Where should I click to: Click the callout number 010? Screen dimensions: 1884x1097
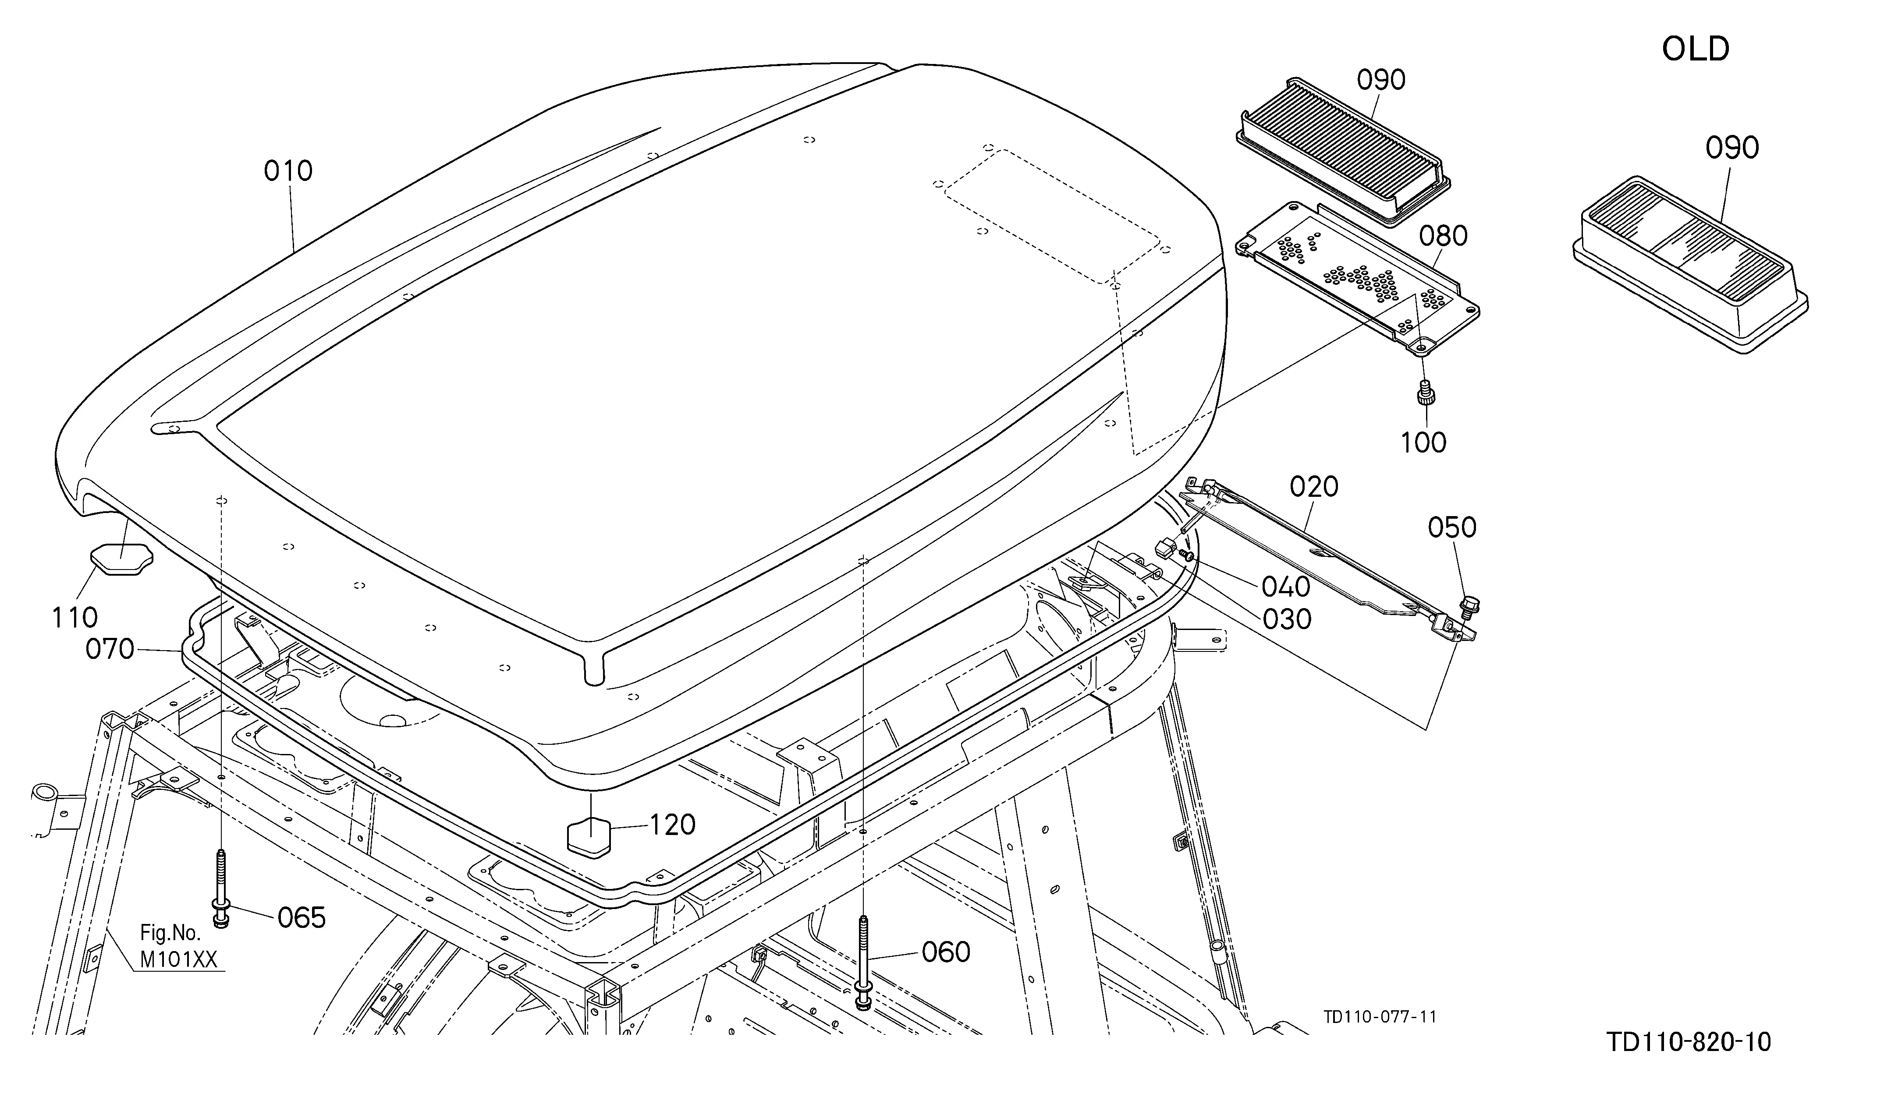(x=288, y=171)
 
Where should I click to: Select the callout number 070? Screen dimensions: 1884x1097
(x=110, y=649)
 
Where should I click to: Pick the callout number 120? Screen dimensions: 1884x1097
(x=672, y=825)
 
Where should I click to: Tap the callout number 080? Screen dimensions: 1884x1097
(x=1443, y=236)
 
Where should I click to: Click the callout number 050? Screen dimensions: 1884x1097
(x=1452, y=527)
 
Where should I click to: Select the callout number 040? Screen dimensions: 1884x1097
(x=1286, y=587)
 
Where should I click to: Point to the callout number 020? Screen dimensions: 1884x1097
(x=1313, y=487)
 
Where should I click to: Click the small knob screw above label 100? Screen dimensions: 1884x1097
(x=1425, y=393)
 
